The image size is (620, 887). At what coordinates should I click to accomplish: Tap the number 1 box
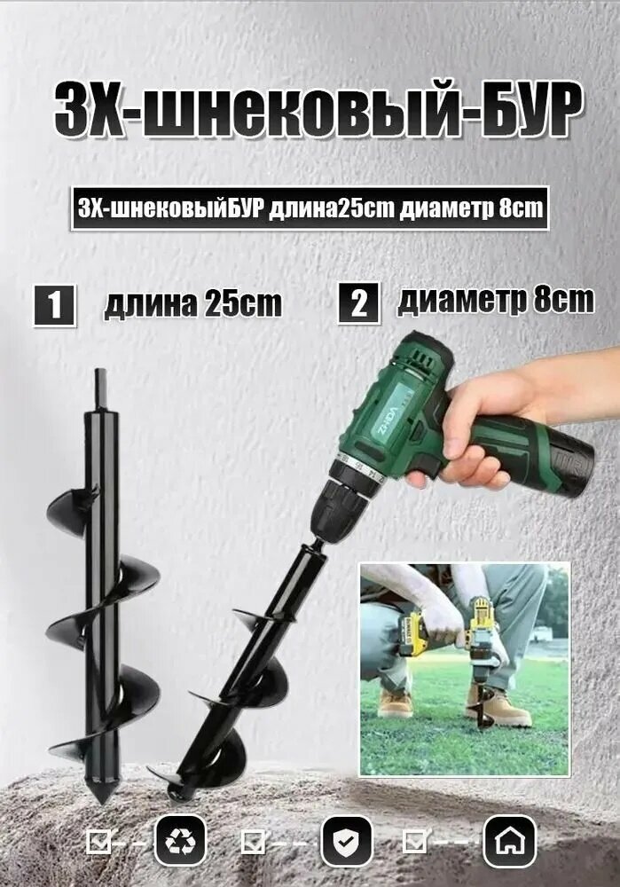55,304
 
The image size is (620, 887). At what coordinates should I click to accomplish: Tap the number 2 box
358,304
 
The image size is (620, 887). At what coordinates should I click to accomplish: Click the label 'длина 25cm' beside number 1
192,304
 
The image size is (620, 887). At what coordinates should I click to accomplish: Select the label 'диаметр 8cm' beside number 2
495,302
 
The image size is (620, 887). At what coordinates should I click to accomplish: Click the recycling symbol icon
181,840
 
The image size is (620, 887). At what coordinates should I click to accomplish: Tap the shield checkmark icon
346,840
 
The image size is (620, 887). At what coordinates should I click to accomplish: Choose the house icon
509,840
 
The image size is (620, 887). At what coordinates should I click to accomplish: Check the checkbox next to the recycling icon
98,840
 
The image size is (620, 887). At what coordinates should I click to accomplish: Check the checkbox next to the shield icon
254,840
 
